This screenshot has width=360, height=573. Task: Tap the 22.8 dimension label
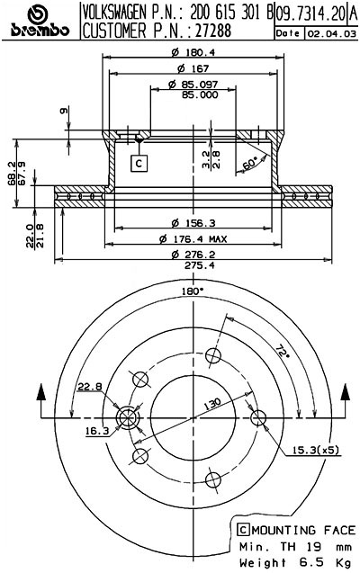(89, 387)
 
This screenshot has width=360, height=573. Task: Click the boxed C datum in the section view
(139, 163)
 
